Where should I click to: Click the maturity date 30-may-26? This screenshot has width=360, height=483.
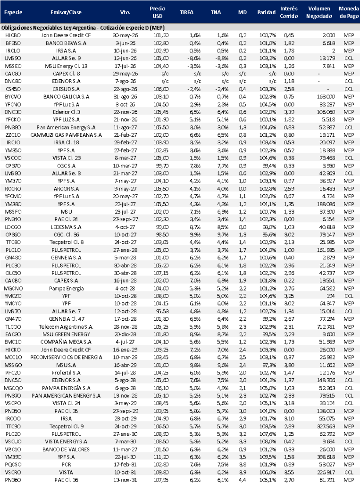(125, 35)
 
